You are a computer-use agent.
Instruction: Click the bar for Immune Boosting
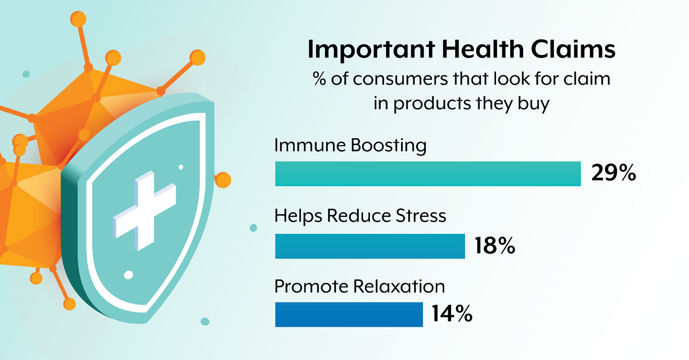click(x=428, y=173)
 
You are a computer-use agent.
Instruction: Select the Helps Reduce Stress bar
click(x=370, y=246)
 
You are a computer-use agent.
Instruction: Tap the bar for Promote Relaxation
click(x=349, y=315)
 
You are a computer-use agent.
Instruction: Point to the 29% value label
click(x=614, y=173)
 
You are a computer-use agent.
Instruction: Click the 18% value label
click(x=495, y=246)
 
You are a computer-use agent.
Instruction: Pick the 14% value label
click(x=452, y=314)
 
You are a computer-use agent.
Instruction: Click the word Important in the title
click(x=371, y=50)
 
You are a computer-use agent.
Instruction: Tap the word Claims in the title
click(x=573, y=49)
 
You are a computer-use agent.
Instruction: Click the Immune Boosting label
click(x=350, y=146)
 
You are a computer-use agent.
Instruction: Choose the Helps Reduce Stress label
click(x=360, y=216)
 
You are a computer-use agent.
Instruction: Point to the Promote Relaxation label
click(x=360, y=287)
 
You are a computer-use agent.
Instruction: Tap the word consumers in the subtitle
click(x=400, y=79)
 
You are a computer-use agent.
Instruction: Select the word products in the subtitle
click(x=432, y=103)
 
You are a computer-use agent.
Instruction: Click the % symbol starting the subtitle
click(x=320, y=79)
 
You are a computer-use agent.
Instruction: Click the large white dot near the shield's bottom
click(x=128, y=275)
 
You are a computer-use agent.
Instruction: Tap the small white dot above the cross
click(x=181, y=167)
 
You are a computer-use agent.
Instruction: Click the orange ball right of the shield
click(x=223, y=180)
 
